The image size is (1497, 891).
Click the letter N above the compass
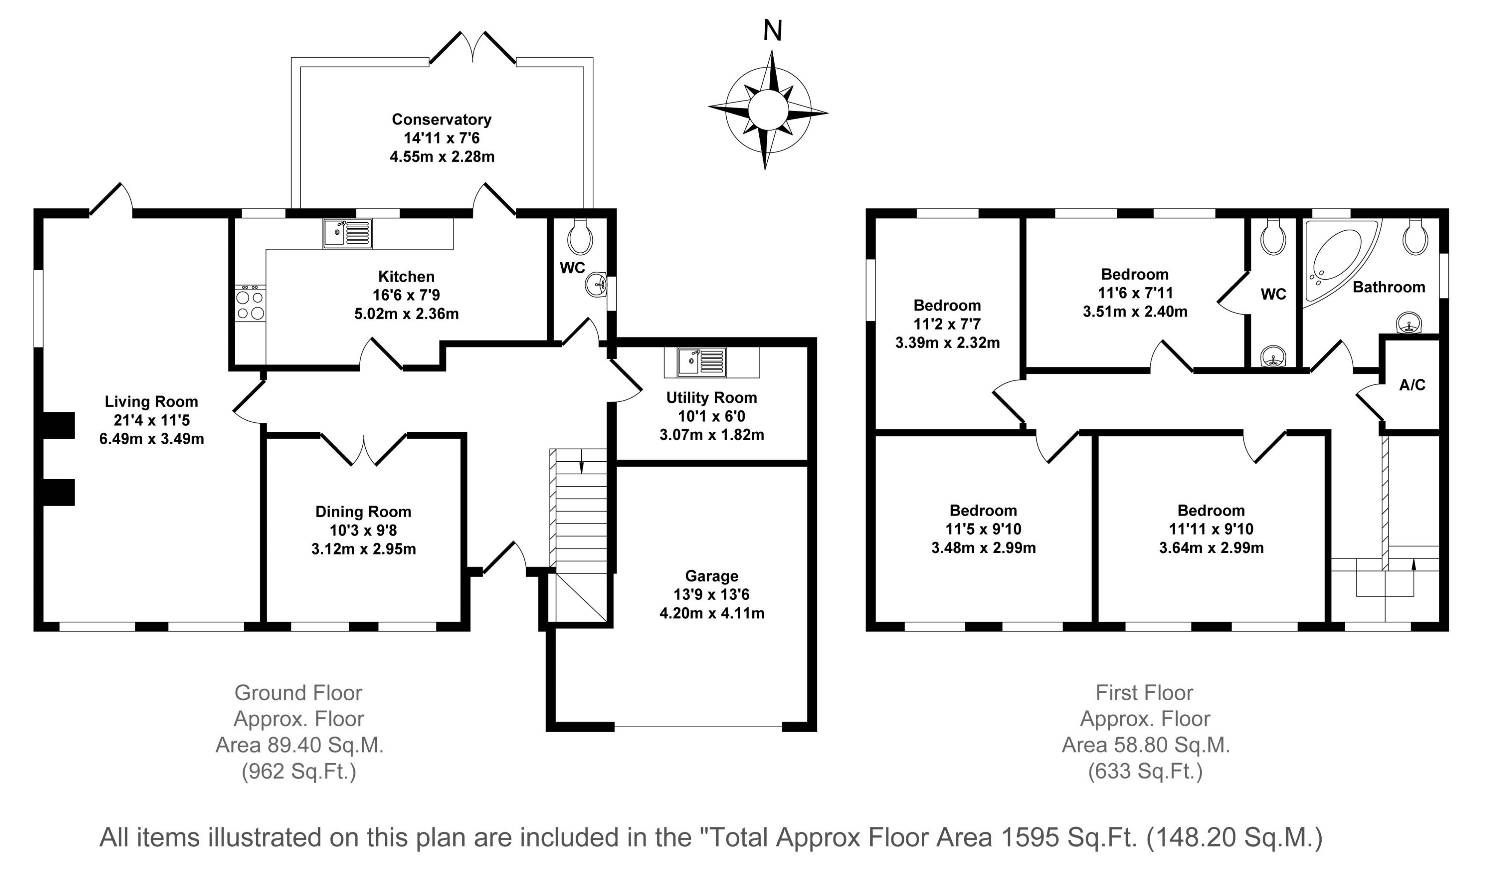coord(772,31)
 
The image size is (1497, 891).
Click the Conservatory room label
coord(441,119)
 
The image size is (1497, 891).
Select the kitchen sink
coord(347,233)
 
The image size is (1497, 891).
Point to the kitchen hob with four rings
coord(250,304)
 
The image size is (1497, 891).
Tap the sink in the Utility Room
coord(701,362)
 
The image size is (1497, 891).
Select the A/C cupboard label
coord(1412,385)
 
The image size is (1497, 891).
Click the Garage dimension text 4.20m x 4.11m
coord(712,613)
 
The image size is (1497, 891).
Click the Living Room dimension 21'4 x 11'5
coord(151,420)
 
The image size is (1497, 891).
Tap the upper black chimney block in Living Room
coord(59,425)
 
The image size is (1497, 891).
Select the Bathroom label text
coord(1388,287)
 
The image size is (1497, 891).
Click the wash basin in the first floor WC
coord(1272,357)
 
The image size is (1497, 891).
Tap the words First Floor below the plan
coord(1144,693)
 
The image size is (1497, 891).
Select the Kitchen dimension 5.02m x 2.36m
coord(406,313)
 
